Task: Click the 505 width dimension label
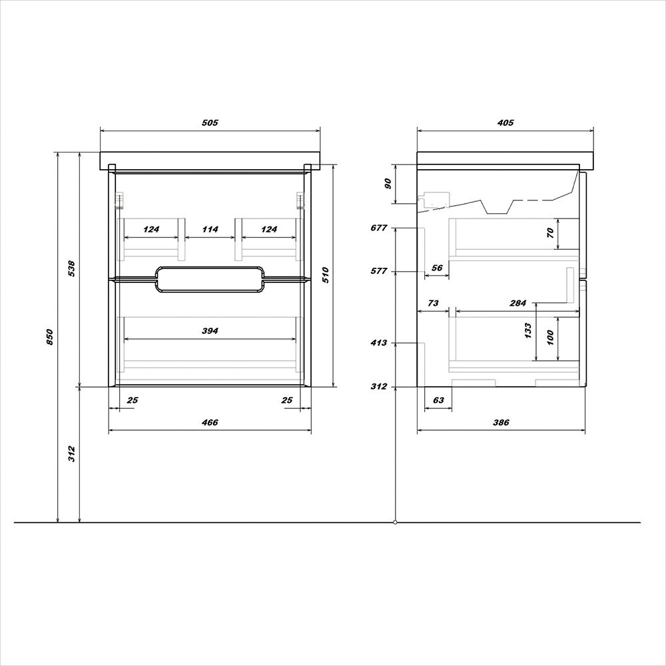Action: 210,123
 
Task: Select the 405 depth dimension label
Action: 505,123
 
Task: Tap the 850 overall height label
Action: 50,337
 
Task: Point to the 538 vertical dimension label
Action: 71,268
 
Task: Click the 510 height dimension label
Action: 326,275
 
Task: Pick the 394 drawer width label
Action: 210,330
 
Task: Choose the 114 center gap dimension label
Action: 210,229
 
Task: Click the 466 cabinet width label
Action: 210,422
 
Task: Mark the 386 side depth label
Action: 501,422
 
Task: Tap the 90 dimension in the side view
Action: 388,184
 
